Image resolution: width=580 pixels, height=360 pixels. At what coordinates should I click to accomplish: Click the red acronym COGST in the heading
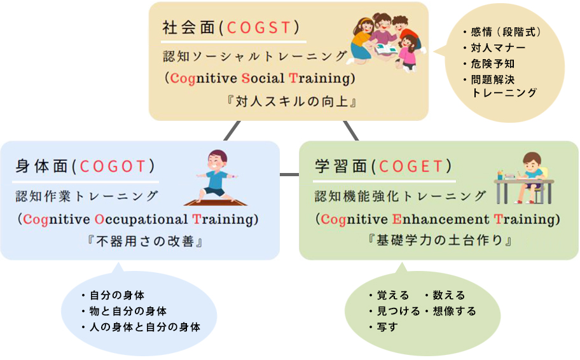259,28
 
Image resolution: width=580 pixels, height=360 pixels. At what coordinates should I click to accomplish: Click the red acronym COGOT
113,167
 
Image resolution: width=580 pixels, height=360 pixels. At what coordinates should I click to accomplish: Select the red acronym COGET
411,167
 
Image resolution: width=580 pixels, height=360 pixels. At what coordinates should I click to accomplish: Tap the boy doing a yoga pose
216,177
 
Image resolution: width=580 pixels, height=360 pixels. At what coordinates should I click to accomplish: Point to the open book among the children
386,49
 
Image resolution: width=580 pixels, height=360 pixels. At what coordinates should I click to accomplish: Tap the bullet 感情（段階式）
502,32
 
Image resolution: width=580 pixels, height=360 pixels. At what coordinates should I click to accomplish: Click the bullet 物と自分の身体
124,311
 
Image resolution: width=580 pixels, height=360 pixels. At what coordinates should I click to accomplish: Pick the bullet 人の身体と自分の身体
141,327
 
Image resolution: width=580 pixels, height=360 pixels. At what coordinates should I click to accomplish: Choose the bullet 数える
445,295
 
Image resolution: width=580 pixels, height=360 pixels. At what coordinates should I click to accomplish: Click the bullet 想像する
450,311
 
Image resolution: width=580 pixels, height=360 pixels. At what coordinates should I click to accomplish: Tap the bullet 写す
383,327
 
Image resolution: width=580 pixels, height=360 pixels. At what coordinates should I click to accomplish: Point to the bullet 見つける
394,311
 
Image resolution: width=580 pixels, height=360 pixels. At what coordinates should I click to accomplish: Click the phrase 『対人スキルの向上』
291,101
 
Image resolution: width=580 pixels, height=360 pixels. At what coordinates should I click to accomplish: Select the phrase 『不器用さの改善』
144,241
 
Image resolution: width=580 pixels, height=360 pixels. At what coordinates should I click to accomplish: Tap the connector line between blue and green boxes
289,174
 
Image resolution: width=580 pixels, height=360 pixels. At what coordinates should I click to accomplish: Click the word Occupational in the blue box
141,219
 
